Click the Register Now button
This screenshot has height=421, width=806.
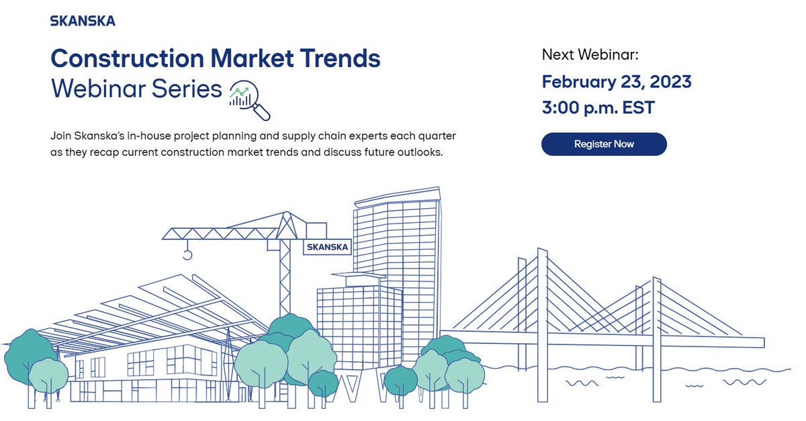(604, 144)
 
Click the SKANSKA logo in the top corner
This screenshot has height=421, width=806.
(83, 21)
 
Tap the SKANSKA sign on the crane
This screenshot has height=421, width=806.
(327, 247)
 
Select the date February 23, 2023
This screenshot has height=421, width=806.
(616, 82)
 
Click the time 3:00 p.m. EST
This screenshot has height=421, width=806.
(598, 107)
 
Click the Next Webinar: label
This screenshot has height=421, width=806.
(590, 54)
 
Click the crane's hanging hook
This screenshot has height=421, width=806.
(187, 254)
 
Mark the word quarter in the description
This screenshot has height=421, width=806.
(434, 136)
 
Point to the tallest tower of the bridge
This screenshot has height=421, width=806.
(542, 322)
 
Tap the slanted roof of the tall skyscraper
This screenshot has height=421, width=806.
(397, 195)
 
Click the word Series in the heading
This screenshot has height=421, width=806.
(184, 89)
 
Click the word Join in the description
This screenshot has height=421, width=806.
(61, 136)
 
